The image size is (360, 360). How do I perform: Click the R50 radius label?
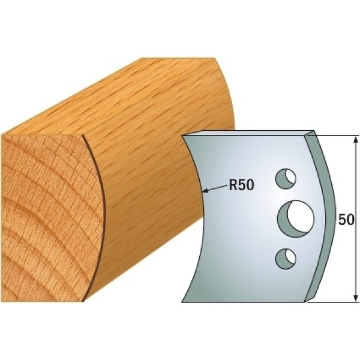click(242, 185)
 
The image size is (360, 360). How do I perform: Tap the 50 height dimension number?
click(346, 220)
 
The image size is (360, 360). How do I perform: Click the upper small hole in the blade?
click(286, 179)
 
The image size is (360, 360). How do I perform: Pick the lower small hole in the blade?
click(286, 259)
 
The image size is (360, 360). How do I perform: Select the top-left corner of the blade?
click(182, 136)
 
